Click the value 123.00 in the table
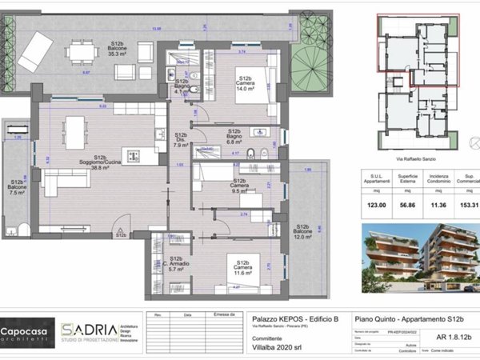click(387, 206)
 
